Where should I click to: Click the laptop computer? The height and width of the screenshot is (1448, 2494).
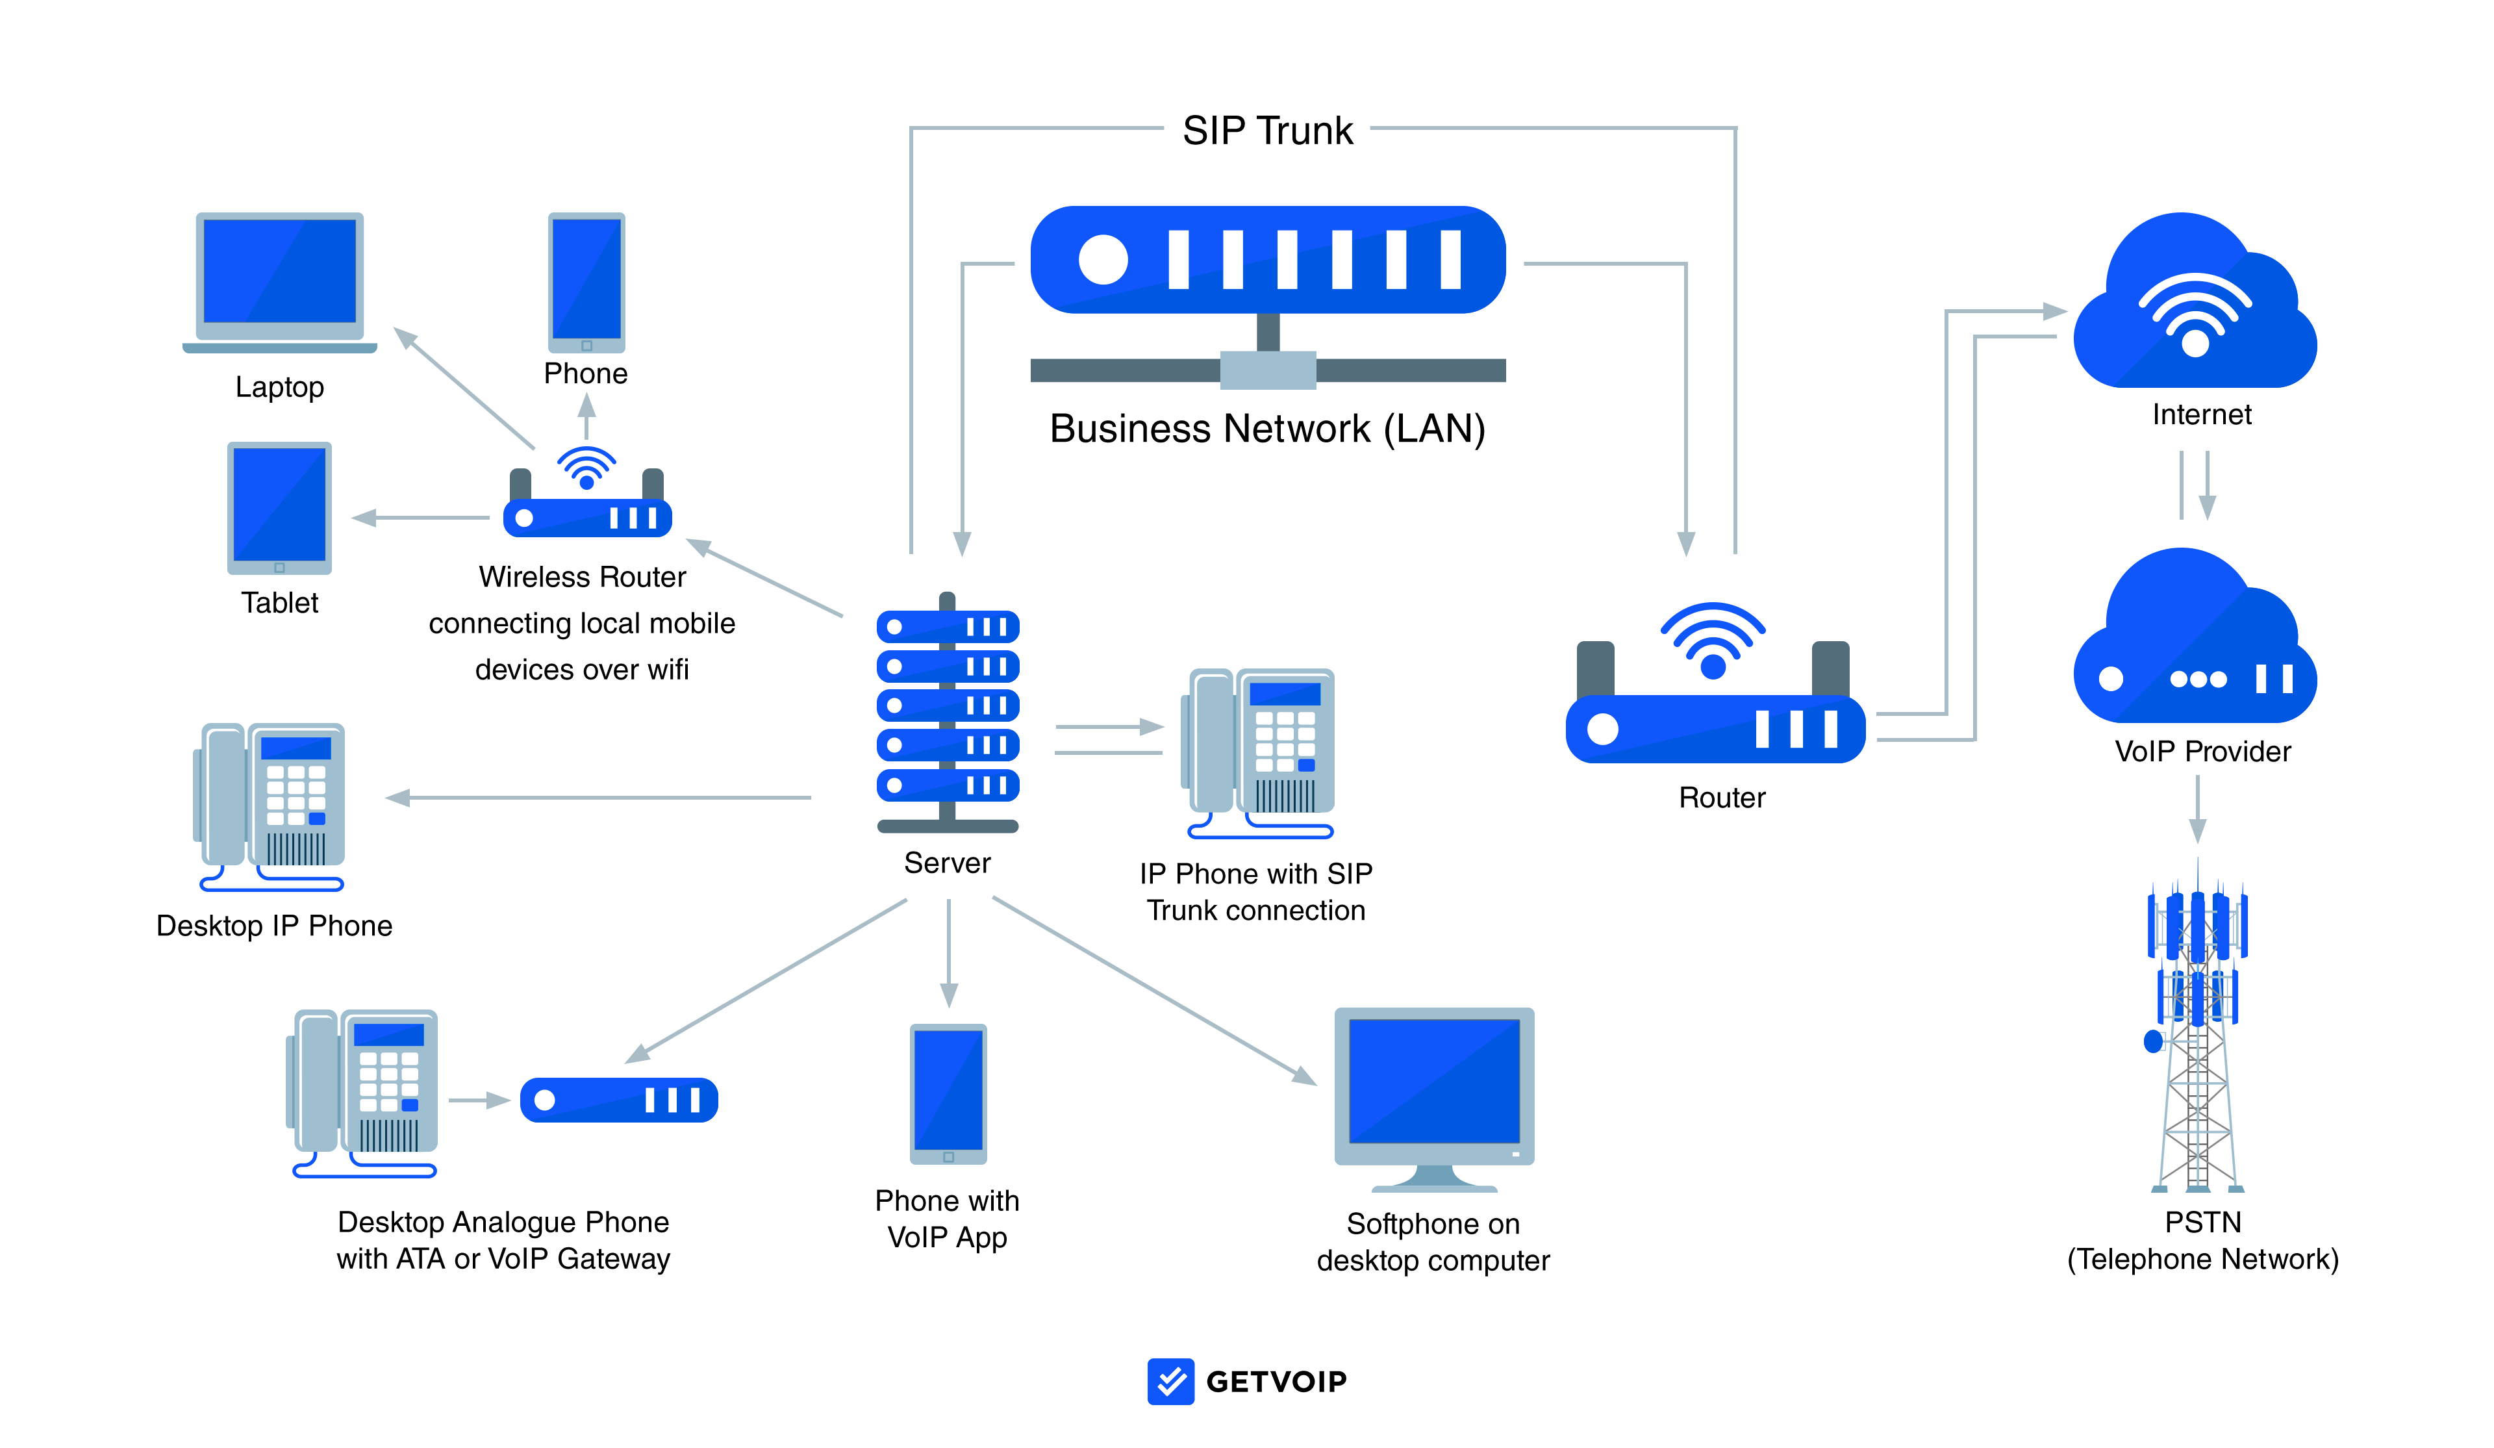279,280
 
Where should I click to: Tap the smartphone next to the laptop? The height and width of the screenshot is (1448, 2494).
587,282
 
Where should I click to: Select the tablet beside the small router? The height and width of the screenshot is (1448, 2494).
279,507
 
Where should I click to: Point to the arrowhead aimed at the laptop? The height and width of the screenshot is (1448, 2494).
404,338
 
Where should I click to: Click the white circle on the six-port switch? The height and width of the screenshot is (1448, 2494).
1103,260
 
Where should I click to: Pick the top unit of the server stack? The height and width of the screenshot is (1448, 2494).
947,626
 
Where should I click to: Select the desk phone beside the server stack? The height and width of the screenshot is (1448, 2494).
1262,747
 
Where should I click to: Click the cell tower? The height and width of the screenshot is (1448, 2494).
2197,1039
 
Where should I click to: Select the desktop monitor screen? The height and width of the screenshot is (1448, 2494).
1434,1081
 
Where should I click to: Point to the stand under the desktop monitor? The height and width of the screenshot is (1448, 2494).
1434,1180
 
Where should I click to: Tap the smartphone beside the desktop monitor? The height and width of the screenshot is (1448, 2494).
948,1093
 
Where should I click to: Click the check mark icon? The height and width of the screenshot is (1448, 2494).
1171,1380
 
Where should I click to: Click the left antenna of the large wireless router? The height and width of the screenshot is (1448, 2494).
1594,668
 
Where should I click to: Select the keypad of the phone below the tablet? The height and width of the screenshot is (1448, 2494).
295,794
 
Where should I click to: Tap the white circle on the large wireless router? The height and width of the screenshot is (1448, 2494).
1602,730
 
